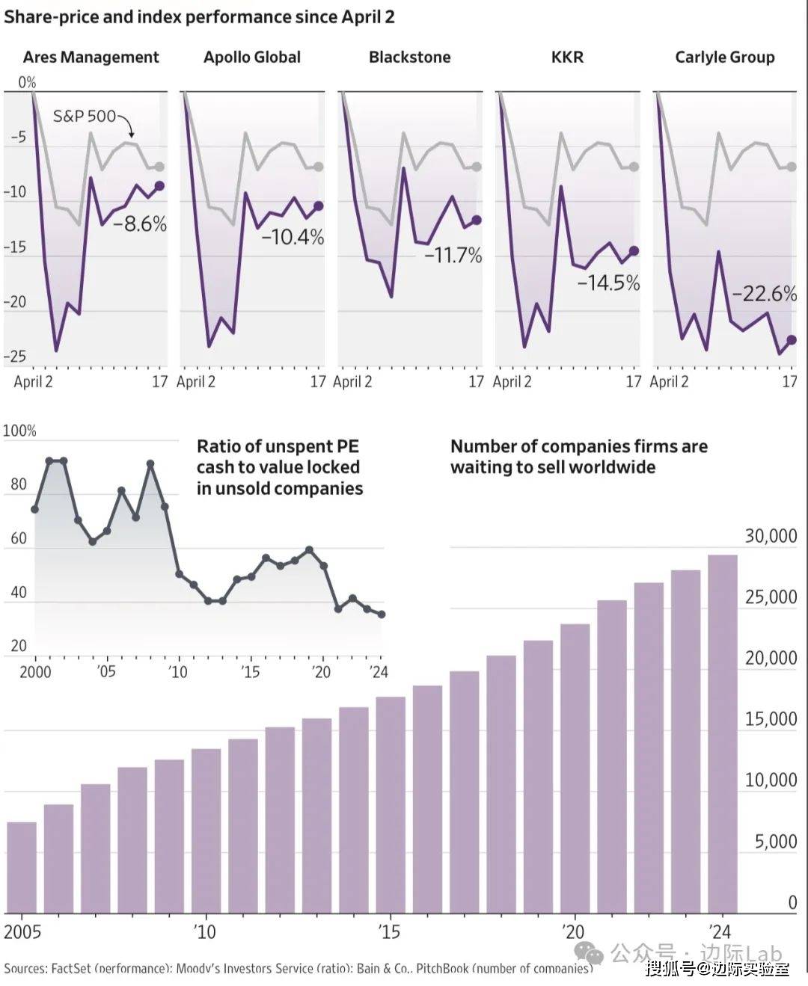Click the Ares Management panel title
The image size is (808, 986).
(91, 58)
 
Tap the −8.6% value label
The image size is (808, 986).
(140, 224)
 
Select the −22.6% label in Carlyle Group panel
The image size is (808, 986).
(764, 293)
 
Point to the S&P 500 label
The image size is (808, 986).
(84, 116)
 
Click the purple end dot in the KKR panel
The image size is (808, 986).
(634, 251)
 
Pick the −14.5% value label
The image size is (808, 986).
(608, 283)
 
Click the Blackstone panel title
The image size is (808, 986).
(409, 58)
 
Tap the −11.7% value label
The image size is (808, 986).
(453, 255)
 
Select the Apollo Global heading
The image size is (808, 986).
(252, 58)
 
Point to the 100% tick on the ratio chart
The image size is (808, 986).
(19, 431)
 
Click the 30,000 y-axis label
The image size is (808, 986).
(771, 536)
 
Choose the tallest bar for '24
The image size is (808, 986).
(722, 733)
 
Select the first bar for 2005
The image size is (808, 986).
(22, 867)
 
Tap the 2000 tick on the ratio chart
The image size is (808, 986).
(35, 671)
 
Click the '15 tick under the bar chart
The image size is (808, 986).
(389, 932)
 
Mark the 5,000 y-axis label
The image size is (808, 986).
(775, 842)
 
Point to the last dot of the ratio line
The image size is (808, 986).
(382, 614)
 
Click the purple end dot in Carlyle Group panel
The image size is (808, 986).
(792, 340)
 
